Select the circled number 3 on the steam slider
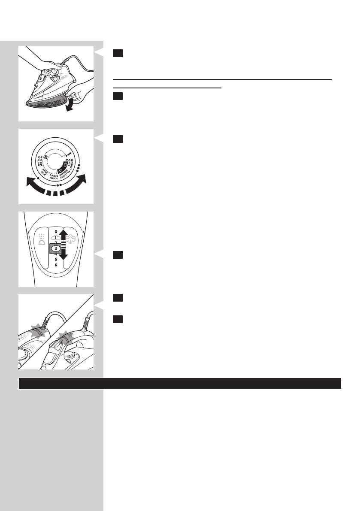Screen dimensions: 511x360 click(x=56, y=248)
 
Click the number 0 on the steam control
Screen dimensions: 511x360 click(x=56, y=231)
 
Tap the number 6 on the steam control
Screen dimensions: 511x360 click(x=56, y=265)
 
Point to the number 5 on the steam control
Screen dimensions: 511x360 click(x=56, y=260)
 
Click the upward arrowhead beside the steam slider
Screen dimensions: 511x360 click(x=63, y=234)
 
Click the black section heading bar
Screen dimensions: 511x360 click(x=180, y=383)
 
